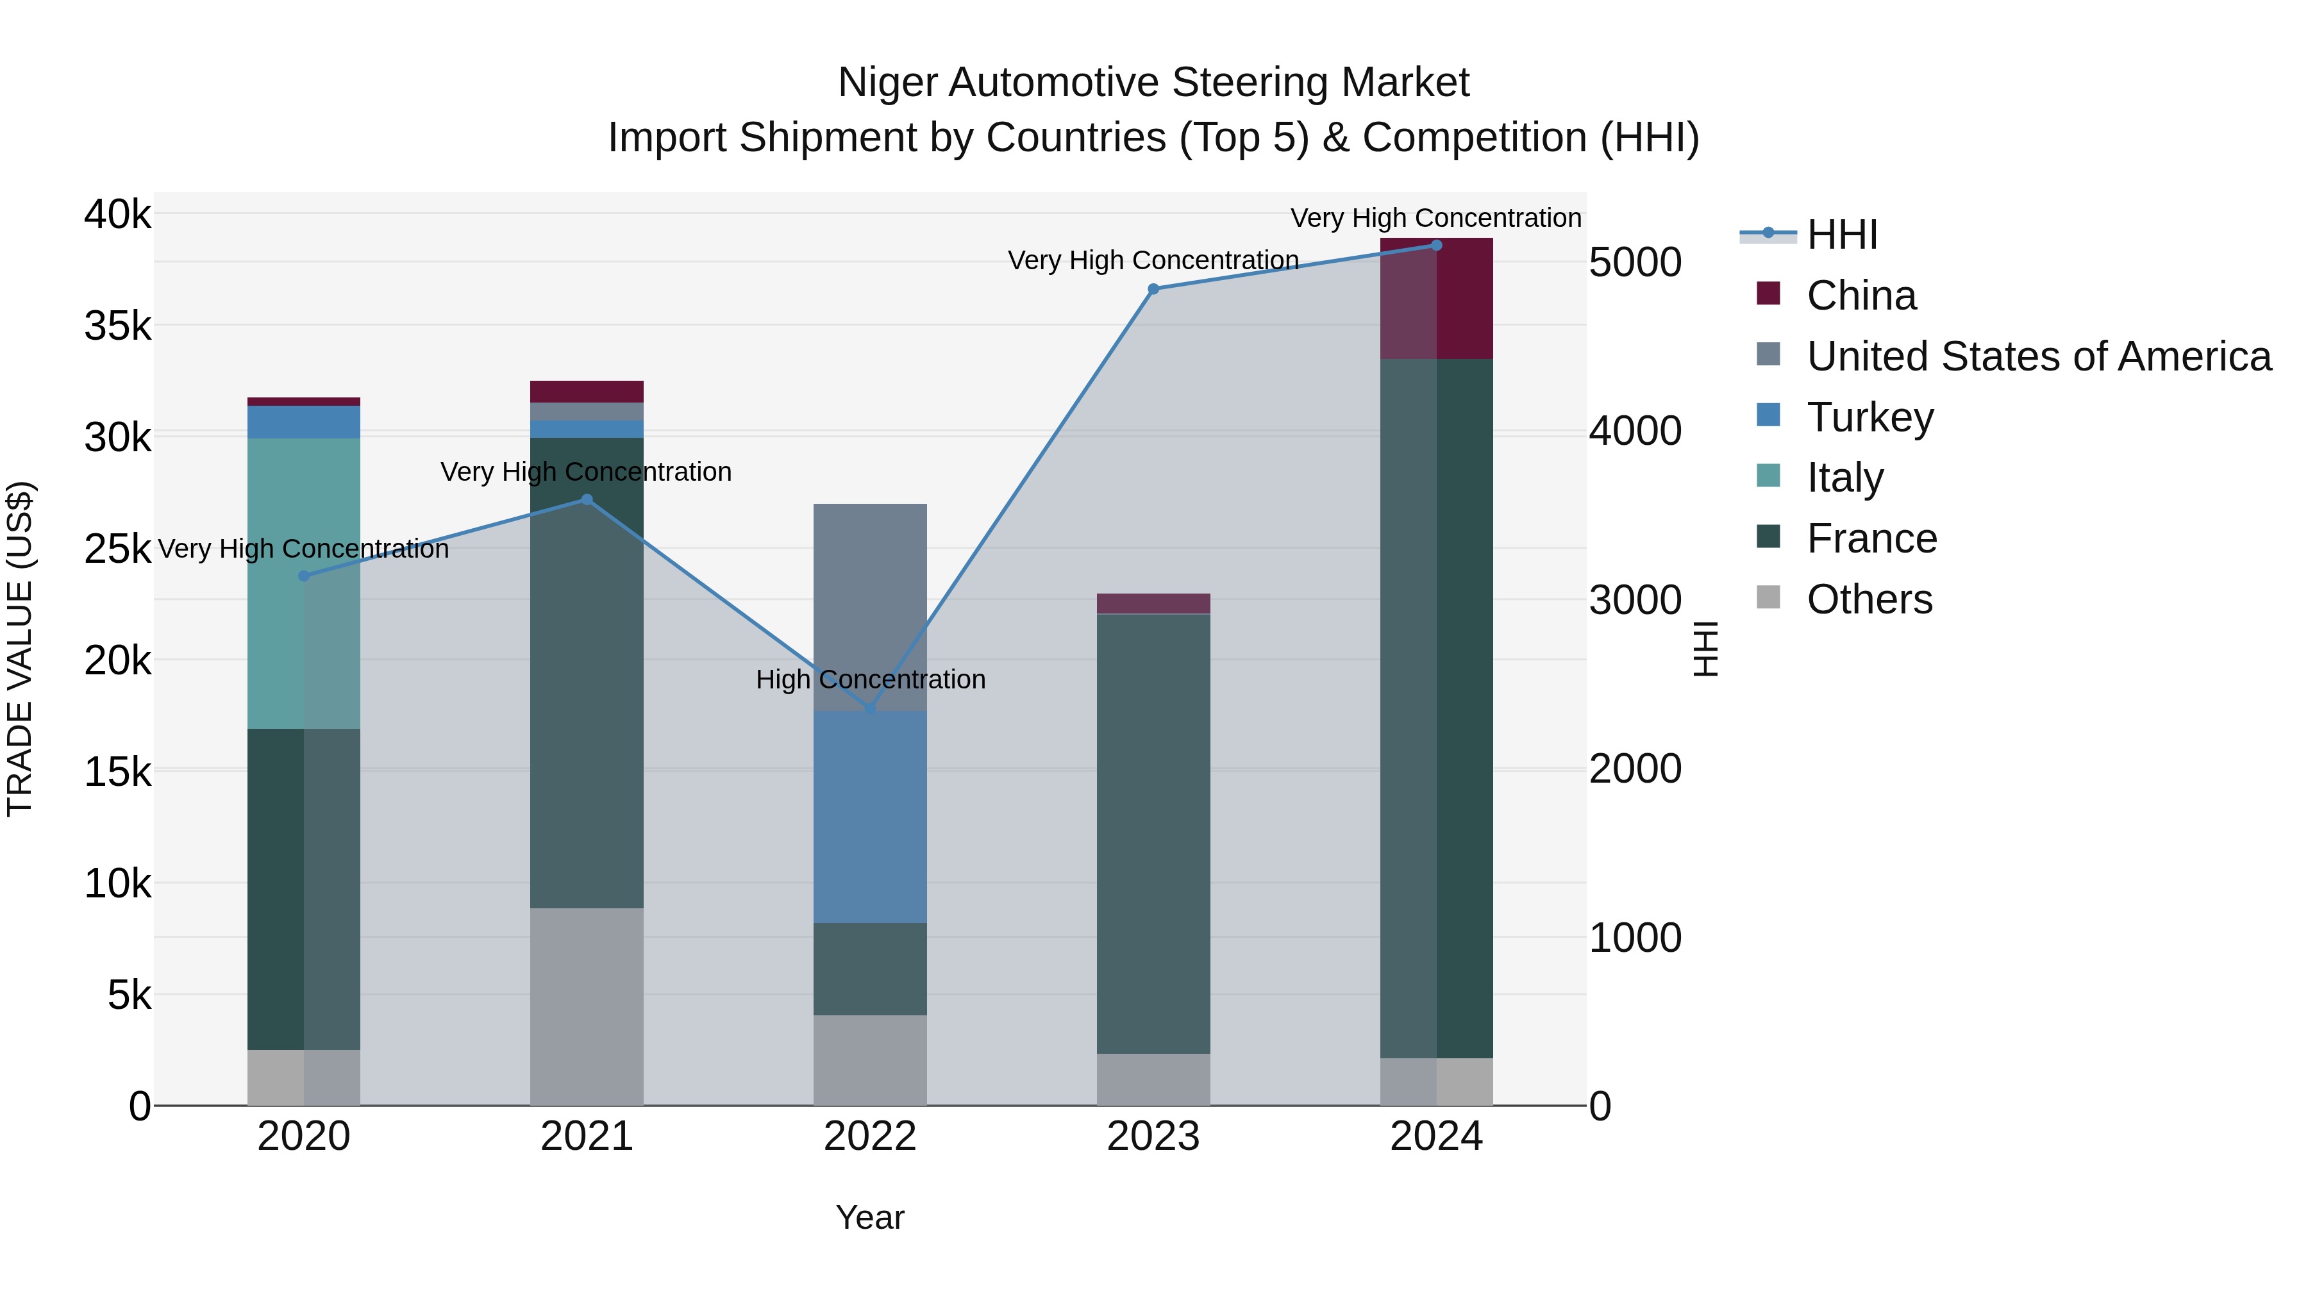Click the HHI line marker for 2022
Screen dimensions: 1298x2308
tap(869, 708)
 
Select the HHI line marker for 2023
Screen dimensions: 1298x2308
tap(1153, 288)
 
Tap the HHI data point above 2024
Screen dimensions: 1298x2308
tap(1436, 245)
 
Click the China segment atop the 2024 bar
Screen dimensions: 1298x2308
tap(1436, 298)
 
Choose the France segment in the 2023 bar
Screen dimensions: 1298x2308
tap(1153, 833)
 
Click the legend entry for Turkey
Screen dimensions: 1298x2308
tap(1870, 417)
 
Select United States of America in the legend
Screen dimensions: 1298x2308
tap(2038, 356)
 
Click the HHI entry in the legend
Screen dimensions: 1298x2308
tap(1841, 235)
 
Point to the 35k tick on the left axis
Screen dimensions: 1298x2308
tap(117, 326)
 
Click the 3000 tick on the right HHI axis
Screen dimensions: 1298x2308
tap(1634, 599)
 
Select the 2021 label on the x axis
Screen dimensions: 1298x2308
tap(586, 1136)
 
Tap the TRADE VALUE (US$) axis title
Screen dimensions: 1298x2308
tap(20, 649)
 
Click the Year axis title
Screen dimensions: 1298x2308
tap(869, 1217)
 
